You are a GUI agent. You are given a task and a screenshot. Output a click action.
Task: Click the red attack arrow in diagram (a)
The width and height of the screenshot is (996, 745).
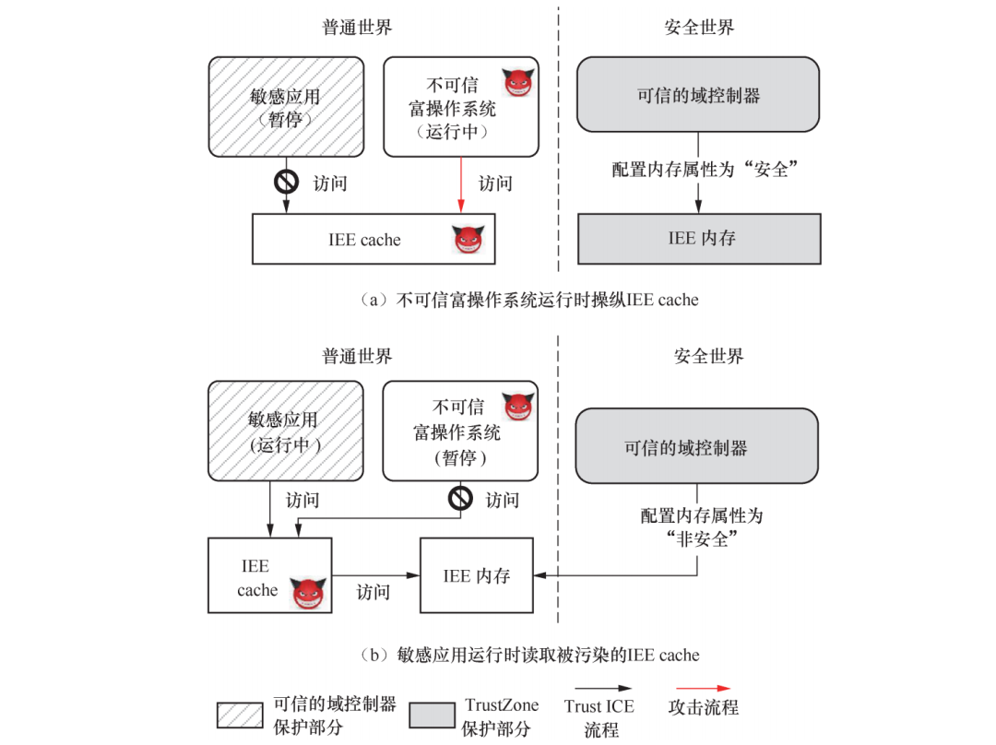coord(459,184)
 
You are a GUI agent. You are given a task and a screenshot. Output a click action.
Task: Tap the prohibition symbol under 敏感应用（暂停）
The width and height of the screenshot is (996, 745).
coord(286,182)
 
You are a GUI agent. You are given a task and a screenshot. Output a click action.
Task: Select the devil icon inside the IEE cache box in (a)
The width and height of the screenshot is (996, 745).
coord(468,240)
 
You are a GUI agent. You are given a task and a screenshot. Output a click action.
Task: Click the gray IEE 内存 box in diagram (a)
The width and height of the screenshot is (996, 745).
coord(699,239)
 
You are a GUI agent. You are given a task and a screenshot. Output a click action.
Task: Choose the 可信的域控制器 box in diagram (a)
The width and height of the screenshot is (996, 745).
coord(698,95)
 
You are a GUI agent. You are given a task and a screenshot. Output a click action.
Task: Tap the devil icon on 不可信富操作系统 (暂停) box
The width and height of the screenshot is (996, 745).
coord(517,407)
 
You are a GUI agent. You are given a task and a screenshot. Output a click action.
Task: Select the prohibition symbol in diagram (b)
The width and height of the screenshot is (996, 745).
coord(460,499)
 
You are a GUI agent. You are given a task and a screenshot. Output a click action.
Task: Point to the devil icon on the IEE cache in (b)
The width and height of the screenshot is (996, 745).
coord(308,593)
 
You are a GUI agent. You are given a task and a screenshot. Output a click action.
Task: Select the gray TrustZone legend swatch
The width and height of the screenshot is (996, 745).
coord(432,715)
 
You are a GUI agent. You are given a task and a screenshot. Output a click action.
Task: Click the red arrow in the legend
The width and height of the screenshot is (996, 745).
coord(703,688)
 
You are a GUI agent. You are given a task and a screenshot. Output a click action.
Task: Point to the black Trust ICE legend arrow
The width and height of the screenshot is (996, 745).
coord(600,688)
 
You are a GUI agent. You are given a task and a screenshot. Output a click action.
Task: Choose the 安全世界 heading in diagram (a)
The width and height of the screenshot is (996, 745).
coord(699,27)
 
